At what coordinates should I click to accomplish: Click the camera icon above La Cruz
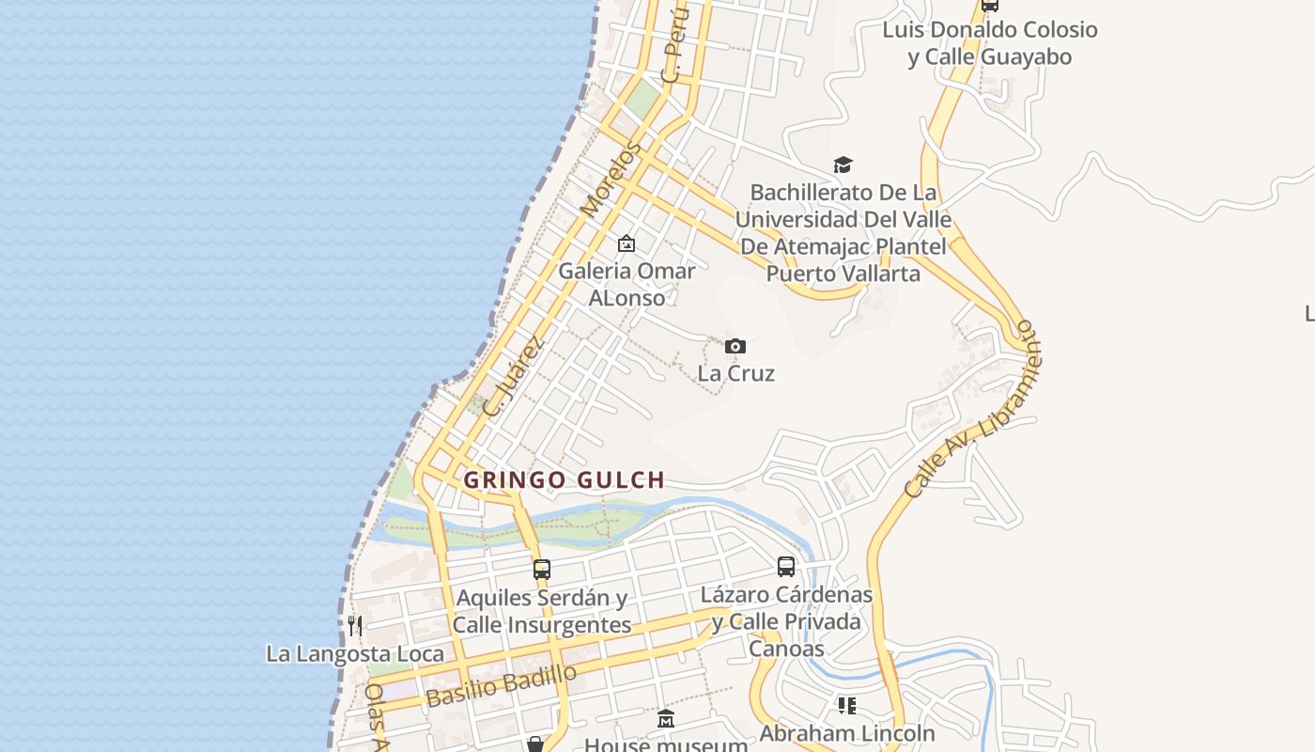[x=735, y=346]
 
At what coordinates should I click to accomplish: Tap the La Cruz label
[x=735, y=373]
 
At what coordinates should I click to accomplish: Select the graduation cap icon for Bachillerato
[x=843, y=165]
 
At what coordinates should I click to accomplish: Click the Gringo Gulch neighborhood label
[x=565, y=480]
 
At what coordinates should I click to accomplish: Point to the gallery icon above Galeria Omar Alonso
[x=627, y=244]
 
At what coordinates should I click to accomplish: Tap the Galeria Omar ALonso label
[x=627, y=284]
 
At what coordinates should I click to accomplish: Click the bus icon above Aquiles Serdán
[x=542, y=569]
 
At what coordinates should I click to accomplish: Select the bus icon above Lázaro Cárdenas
[x=786, y=567]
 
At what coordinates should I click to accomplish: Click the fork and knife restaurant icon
[x=355, y=625]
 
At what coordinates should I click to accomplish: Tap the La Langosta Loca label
[x=355, y=653]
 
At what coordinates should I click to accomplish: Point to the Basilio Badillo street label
[x=501, y=685]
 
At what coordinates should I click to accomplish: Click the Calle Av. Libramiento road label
[x=971, y=411]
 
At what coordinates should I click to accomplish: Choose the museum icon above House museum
[x=666, y=719]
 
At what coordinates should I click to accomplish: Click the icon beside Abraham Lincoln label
[x=846, y=705]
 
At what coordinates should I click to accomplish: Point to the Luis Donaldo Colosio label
[x=989, y=43]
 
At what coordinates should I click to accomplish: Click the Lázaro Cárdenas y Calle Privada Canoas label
[x=786, y=621]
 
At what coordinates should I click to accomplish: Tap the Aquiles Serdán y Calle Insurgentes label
[x=542, y=611]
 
